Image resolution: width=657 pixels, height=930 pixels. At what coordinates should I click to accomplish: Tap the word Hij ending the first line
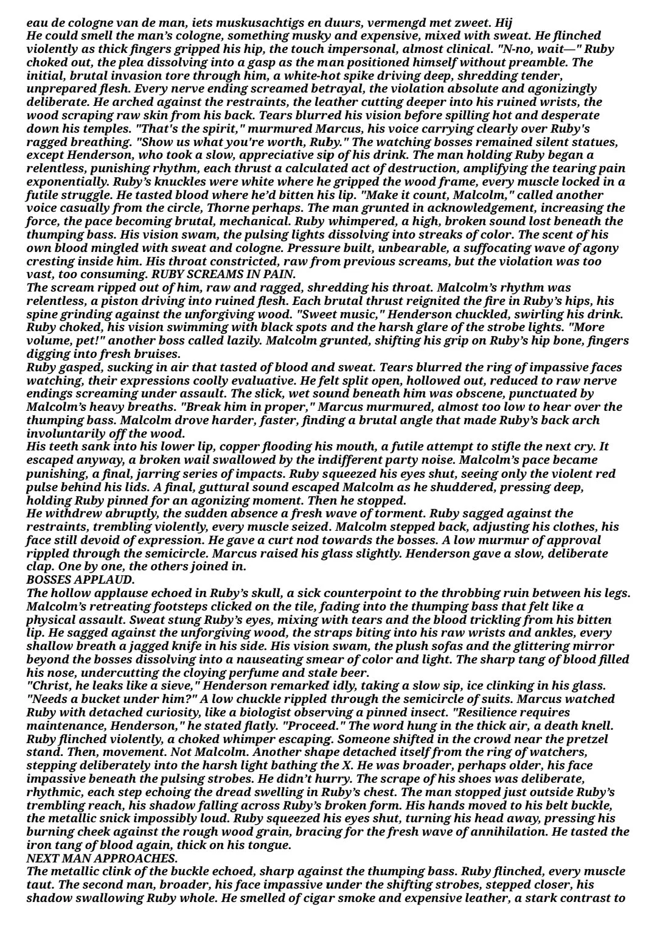coord(504,23)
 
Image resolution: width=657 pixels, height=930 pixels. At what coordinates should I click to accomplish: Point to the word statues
coord(596,142)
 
